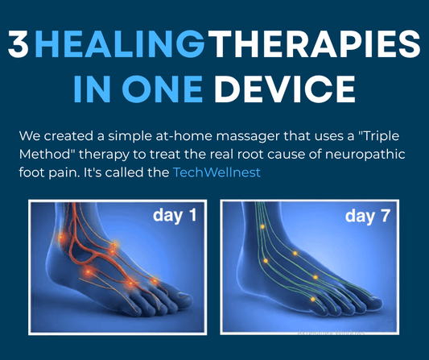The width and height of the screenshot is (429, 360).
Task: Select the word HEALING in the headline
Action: (x=119, y=45)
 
